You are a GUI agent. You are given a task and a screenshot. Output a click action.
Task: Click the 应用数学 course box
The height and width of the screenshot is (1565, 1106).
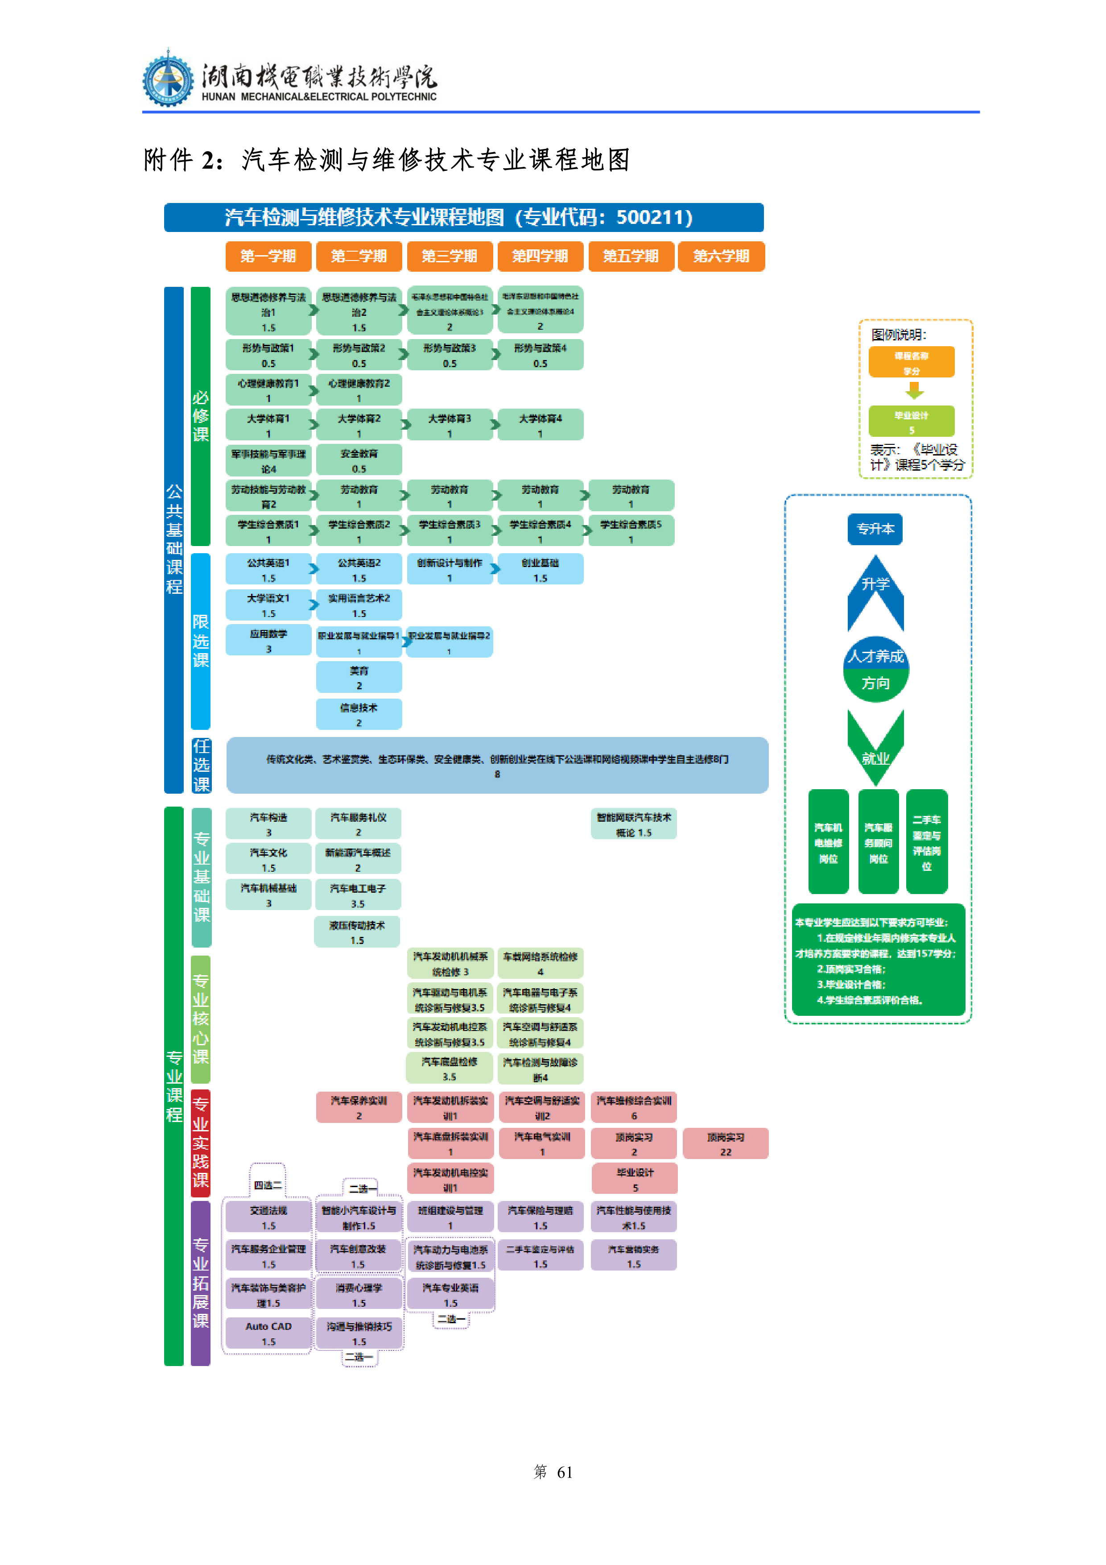268,641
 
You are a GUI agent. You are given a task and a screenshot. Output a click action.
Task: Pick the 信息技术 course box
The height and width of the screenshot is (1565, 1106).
359,714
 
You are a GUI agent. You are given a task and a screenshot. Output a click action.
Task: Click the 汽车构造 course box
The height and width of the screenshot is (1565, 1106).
268,824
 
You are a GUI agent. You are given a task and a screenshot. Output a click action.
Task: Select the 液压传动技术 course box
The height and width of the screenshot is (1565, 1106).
357,932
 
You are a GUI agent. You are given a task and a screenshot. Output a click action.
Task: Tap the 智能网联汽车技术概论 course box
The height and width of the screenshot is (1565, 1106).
633,824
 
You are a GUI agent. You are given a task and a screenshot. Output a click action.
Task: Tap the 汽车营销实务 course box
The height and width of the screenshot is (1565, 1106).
633,1255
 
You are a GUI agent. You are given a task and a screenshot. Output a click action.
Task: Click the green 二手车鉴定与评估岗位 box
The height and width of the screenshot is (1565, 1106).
926,842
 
